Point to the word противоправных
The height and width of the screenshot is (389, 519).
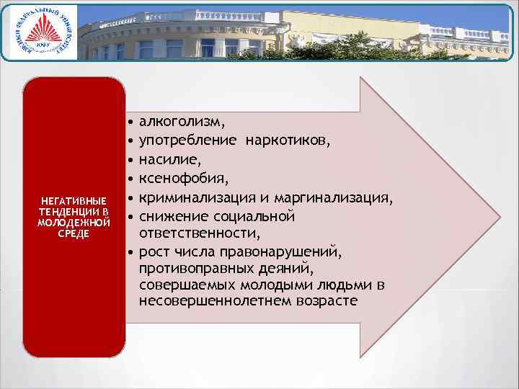click(197, 269)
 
